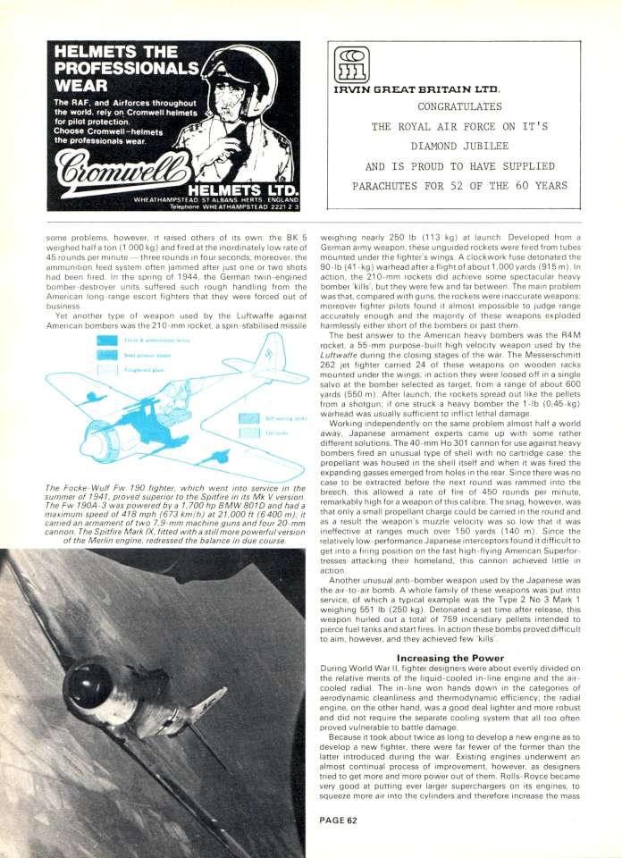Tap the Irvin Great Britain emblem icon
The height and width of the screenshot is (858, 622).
click(347, 65)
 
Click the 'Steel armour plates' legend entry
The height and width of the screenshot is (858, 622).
click(129, 354)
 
